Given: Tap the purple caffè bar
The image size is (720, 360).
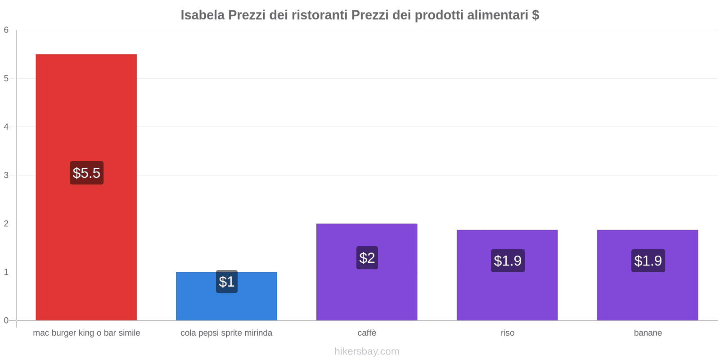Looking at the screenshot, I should pyautogui.click(x=367, y=292).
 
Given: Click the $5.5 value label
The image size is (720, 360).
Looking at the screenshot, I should pyautogui.click(x=86, y=173).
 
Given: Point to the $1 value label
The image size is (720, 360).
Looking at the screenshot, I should pyautogui.click(x=227, y=282).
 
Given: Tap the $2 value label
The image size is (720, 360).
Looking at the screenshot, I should pyautogui.click(x=367, y=258).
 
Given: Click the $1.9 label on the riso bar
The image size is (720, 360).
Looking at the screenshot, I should pyautogui.click(x=508, y=261).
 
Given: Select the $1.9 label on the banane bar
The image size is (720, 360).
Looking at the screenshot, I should pyautogui.click(x=648, y=261).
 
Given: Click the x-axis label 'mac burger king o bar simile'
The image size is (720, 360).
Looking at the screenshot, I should pyautogui.click(x=86, y=333).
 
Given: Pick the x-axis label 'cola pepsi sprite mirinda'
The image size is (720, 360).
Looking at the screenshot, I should pyautogui.click(x=226, y=333).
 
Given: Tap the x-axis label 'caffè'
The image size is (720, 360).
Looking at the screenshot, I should pyautogui.click(x=367, y=333).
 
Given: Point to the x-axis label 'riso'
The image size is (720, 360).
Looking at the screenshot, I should pyautogui.click(x=508, y=333).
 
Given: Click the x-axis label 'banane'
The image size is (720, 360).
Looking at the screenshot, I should pyautogui.click(x=648, y=333).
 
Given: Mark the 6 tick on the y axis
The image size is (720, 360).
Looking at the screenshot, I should pyautogui.click(x=6, y=30).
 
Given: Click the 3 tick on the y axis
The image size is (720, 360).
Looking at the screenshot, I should pyautogui.click(x=6, y=175).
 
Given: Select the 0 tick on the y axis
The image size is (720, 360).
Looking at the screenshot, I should pyautogui.click(x=6, y=320).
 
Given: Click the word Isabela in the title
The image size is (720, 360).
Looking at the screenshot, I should pyautogui.click(x=202, y=15).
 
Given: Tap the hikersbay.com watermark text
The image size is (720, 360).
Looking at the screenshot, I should pyautogui.click(x=367, y=351).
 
